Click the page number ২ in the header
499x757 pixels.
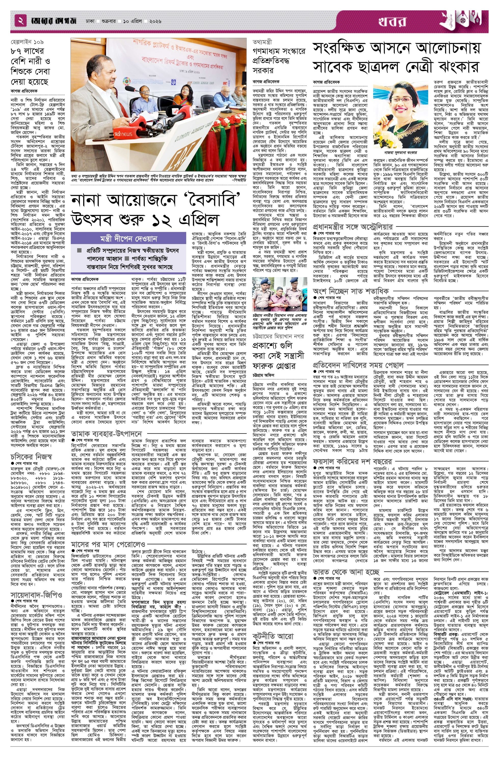point(21,22)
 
